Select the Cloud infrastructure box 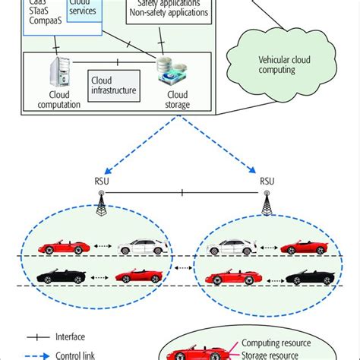click(114, 84)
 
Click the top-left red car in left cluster click(55, 247)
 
